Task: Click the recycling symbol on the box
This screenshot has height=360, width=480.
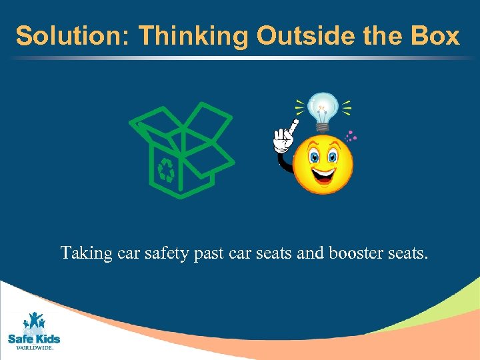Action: click(166, 171)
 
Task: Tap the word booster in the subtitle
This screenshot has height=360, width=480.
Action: click(355, 254)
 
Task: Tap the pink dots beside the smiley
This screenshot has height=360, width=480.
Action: click(350, 137)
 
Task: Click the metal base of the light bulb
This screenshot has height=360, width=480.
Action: click(323, 123)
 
